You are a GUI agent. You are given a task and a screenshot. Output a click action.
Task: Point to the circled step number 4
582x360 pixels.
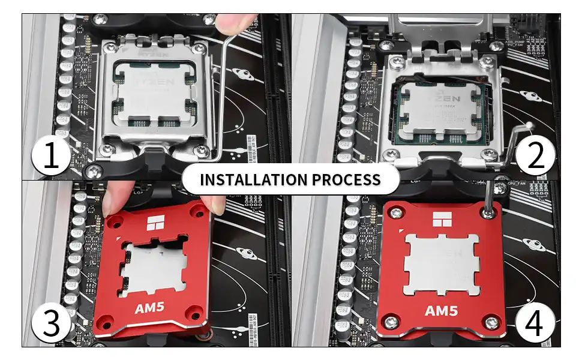click(x=535, y=324)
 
